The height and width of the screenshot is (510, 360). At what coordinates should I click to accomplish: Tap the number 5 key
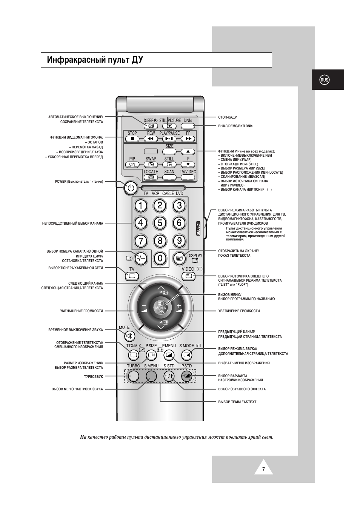[160, 223]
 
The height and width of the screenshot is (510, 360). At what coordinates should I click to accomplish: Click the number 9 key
[179, 240]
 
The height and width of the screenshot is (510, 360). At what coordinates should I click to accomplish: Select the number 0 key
[160, 258]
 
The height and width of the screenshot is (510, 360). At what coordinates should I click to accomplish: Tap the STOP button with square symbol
[132, 139]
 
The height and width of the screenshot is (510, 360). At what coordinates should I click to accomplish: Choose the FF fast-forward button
[188, 139]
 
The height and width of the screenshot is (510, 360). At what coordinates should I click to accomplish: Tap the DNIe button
[188, 126]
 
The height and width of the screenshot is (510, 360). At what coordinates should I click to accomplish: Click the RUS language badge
[325, 80]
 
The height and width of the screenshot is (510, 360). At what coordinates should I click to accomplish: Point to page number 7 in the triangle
[263, 469]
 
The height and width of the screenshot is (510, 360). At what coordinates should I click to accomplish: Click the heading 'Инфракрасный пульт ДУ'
[95, 60]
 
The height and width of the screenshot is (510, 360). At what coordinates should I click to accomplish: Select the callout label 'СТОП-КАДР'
[228, 117]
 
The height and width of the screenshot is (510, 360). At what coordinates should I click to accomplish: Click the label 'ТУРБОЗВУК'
[93, 376]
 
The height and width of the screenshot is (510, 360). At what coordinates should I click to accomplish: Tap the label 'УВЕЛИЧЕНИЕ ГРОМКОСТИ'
[239, 311]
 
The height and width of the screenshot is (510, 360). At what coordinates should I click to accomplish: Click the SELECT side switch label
[198, 228]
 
